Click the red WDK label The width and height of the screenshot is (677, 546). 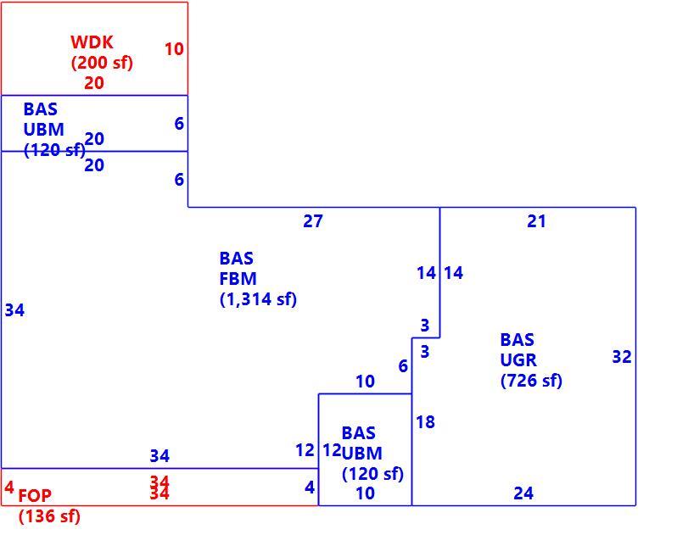click(92, 42)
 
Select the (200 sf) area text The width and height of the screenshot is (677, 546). click(102, 63)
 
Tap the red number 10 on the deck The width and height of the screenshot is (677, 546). click(174, 49)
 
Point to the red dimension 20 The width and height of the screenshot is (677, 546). click(94, 83)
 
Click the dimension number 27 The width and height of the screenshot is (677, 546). click(313, 221)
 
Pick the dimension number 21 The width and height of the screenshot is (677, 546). click(537, 221)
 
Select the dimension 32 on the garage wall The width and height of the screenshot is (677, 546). click(622, 357)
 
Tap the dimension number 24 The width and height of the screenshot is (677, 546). click(523, 493)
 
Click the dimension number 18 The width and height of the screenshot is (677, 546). click(426, 422)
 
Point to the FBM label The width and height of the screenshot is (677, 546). click(238, 279)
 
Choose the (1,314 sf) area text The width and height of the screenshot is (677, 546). click(258, 299)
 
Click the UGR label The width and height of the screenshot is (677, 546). click(518, 360)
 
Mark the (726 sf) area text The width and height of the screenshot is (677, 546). click(531, 381)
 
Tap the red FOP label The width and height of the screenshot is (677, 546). click(35, 496)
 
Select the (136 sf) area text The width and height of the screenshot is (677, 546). click(50, 516)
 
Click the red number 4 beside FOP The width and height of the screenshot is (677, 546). click(8, 487)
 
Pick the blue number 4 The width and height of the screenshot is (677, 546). click(310, 487)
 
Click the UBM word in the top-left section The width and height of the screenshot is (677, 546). click(43, 130)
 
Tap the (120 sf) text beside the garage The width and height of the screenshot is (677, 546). click(372, 474)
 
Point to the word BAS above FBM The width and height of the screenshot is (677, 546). click(236, 259)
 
